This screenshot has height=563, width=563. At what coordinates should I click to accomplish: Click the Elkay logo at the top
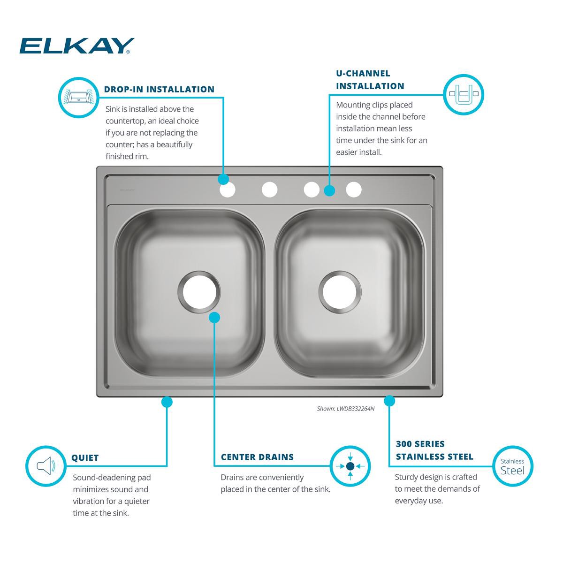[76, 46]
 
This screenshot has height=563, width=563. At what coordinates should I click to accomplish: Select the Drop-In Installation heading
[159, 89]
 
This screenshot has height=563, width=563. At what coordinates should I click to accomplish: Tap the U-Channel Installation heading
[370, 80]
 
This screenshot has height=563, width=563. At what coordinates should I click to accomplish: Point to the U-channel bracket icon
[463, 94]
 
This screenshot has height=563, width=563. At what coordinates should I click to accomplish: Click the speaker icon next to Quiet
[46, 466]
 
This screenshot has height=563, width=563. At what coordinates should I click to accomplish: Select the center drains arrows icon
[350, 466]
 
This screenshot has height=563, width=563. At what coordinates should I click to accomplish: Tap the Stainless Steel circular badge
[512, 466]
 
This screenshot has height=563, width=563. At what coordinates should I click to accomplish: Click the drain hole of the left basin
[199, 292]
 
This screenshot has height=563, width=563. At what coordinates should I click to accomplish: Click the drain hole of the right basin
[340, 292]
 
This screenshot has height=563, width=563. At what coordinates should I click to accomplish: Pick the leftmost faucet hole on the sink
[227, 190]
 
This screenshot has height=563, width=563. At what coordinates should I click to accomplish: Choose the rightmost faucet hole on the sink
[354, 190]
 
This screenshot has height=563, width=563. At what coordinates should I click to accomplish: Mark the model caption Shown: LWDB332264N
[345, 409]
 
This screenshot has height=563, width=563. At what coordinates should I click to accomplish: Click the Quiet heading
[85, 458]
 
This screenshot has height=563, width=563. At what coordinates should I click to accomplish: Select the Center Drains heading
[257, 457]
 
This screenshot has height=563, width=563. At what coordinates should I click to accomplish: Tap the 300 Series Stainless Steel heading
[434, 450]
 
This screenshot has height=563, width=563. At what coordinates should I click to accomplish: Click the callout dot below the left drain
[214, 318]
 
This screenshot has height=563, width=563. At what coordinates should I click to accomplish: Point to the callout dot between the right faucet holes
[329, 190]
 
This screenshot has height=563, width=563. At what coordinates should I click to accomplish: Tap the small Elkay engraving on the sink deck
[127, 190]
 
